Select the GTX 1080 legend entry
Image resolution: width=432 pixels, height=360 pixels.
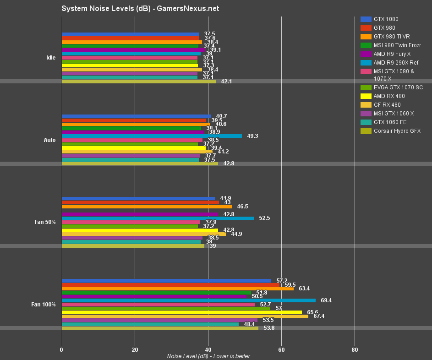pyautogui.click(x=386, y=19)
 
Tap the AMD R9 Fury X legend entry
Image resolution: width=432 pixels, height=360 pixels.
pyautogui.click(x=392, y=54)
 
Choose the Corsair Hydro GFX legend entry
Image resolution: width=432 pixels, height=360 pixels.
pyautogui.click(x=397, y=131)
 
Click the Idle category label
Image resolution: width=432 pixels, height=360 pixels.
pyautogui.click(x=51, y=58)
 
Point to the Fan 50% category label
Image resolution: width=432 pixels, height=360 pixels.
pyautogui.click(x=45, y=222)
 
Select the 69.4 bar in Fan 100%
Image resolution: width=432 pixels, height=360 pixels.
pyautogui.click(x=188, y=300)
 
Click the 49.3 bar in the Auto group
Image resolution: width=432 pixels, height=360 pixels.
pyautogui.click(x=152, y=136)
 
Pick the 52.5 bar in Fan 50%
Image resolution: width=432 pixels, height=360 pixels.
pyautogui.click(x=158, y=218)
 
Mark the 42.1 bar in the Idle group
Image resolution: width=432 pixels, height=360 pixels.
pyautogui.click(x=138, y=82)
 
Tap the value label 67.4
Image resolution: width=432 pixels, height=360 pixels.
pyautogui.click(x=319, y=316)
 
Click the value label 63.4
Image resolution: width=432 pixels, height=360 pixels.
pyautogui.click(x=304, y=289)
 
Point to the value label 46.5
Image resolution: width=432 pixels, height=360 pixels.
pyautogui.click(x=242, y=207)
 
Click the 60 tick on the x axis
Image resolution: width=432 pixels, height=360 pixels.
pyautogui.click(x=281, y=350)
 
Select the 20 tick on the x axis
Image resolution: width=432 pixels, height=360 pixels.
pyautogui.click(x=135, y=350)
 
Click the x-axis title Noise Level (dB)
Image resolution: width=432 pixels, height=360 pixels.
pyautogui.click(x=208, y=356)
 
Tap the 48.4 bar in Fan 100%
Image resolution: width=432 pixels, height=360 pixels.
pyautogui.click(x=150, y=324)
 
